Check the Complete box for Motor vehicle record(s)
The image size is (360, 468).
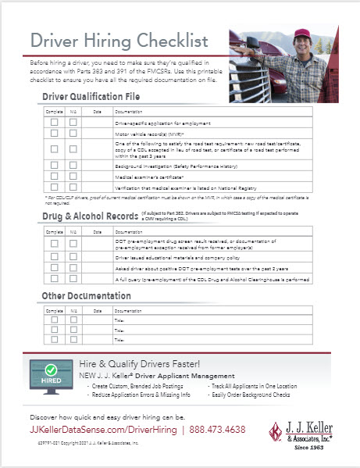point(54,133)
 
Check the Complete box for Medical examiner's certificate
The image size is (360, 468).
point(54,178)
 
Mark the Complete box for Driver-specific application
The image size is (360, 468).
point(54,123)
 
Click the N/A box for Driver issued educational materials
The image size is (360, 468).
point(73,256)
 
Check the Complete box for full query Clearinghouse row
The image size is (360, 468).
point(54,278)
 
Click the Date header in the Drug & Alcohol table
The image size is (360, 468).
point(98,232)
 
